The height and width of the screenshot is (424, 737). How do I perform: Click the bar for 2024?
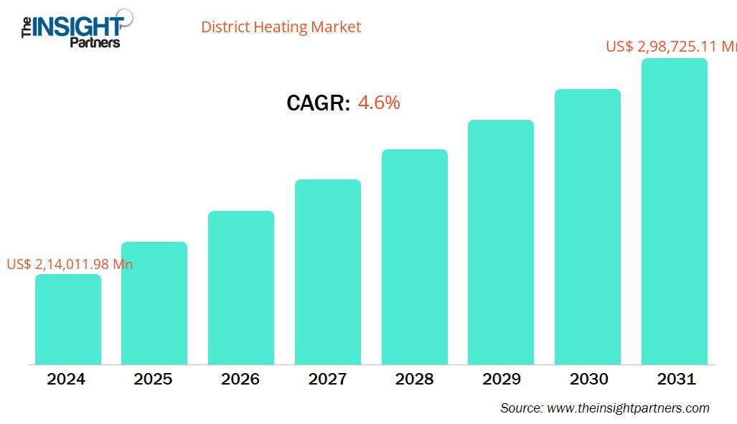[x=68, y=319]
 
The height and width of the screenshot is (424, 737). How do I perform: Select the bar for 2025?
[x=154, y=303]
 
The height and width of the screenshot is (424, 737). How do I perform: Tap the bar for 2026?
[x=241, y=288]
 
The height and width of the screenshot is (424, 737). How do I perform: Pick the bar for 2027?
[x=328, y=272]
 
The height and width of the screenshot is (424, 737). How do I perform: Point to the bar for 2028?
[x=415, y=257]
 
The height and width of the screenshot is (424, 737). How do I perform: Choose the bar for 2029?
[x=501, y=242]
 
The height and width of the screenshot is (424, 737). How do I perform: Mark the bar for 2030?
[x=588, y=227]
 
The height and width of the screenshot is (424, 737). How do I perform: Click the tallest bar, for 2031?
[x=675, y=212]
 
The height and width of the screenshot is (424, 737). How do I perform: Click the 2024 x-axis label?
[x=66, y=379]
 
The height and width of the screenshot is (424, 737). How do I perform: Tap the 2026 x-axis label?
[x=240, y=379]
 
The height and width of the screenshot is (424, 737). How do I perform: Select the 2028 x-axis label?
[x=414, y=379]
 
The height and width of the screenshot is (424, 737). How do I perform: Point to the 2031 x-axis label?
[x=676, y=379]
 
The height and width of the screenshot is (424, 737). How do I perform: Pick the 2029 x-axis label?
[x=502, y=379]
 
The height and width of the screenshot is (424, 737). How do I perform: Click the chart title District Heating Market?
[x=281, y=27]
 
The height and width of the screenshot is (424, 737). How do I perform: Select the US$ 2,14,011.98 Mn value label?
[x=70, y=264]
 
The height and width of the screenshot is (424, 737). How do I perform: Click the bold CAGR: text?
[x=318, y=103]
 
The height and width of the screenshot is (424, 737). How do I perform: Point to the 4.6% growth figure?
[x=379, y=103]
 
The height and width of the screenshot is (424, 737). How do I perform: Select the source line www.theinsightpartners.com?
[x=604, y=408]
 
